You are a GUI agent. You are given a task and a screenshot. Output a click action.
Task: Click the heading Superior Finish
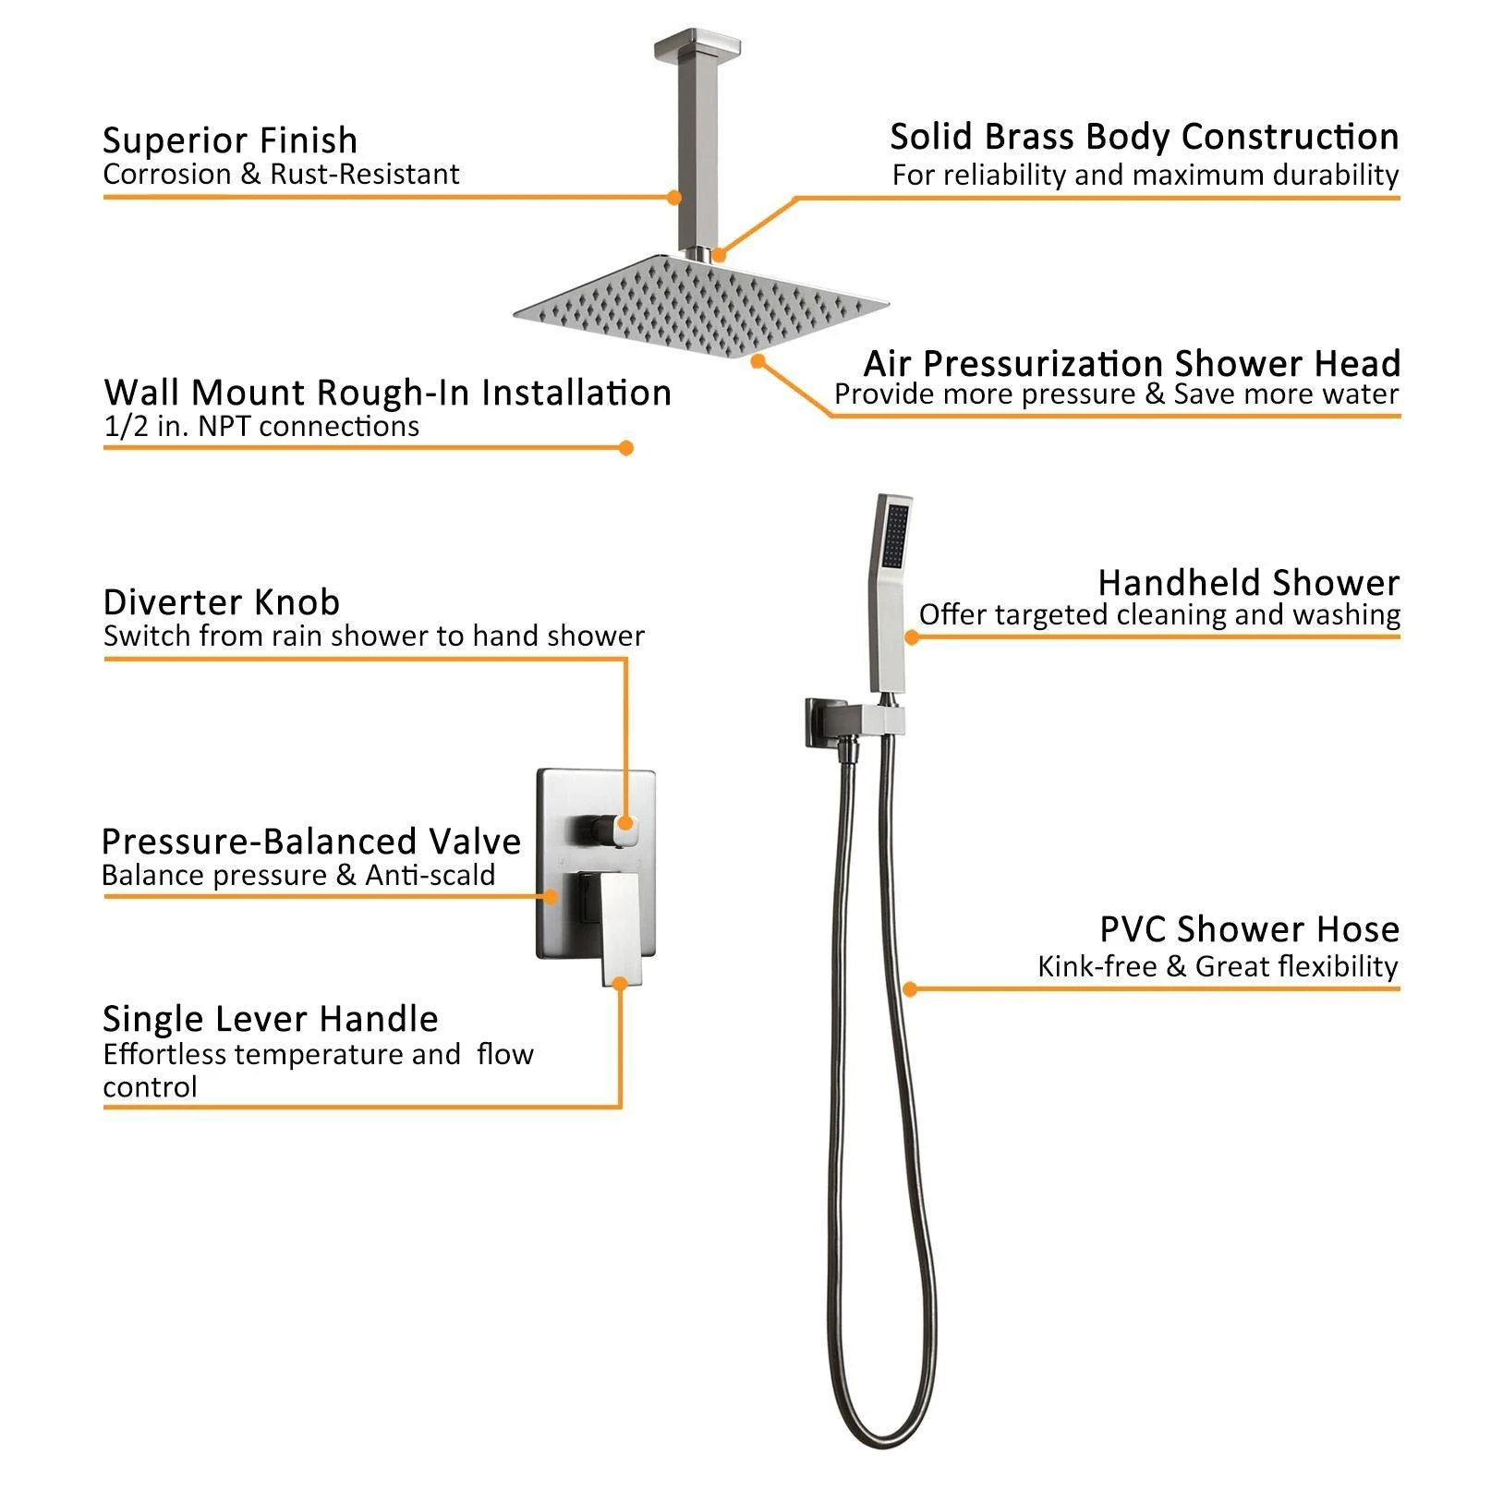[230, 140]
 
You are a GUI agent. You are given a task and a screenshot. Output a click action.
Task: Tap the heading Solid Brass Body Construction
[1144, 137]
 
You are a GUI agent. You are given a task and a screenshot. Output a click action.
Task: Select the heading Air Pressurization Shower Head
[1132, 363]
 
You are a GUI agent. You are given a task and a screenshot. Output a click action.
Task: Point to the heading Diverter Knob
[222, 602]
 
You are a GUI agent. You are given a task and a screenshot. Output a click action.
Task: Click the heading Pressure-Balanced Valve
[311, 842]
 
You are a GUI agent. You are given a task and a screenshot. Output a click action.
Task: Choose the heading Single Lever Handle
[271, 1019]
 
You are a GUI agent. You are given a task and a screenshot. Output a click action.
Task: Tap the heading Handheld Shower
[1248, 583]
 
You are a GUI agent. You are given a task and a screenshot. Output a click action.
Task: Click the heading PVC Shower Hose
[1249, 929]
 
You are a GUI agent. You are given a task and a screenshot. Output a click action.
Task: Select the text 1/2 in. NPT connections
[261, 427]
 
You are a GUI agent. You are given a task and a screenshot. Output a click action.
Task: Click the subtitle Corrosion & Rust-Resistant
[281, 175]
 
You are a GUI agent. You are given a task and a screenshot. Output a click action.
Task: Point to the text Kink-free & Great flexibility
[1218, 967]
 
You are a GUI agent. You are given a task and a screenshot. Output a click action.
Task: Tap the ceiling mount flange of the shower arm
[688, 44]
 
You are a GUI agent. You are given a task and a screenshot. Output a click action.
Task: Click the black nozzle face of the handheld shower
[895, 536]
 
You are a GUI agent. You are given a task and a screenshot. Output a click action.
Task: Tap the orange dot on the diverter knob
[625, 823]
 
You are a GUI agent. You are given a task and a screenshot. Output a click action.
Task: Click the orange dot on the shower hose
[910, 989]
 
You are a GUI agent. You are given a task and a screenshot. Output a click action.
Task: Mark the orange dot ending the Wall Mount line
[625, 448]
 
